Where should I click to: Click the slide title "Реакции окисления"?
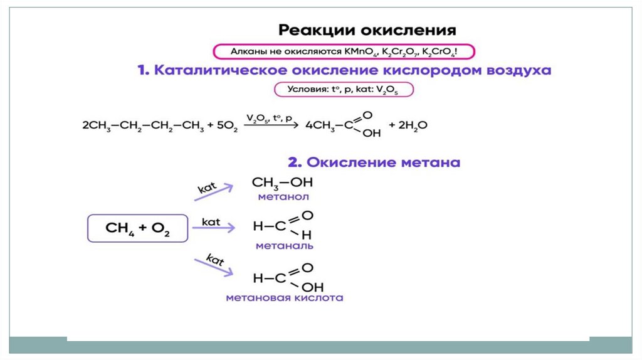point(367,30)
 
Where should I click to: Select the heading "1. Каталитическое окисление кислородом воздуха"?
point(344,70)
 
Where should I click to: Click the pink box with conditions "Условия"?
point(343,90)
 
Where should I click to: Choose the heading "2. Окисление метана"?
point(374,162)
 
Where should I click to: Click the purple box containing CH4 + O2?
point(138,228)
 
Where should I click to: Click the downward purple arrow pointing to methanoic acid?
point(213,267)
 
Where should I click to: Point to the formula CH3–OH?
point(282,183)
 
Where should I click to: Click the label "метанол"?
point(283,197)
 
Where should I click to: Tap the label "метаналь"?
point(284,246)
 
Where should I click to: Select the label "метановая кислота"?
point(284,298)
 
